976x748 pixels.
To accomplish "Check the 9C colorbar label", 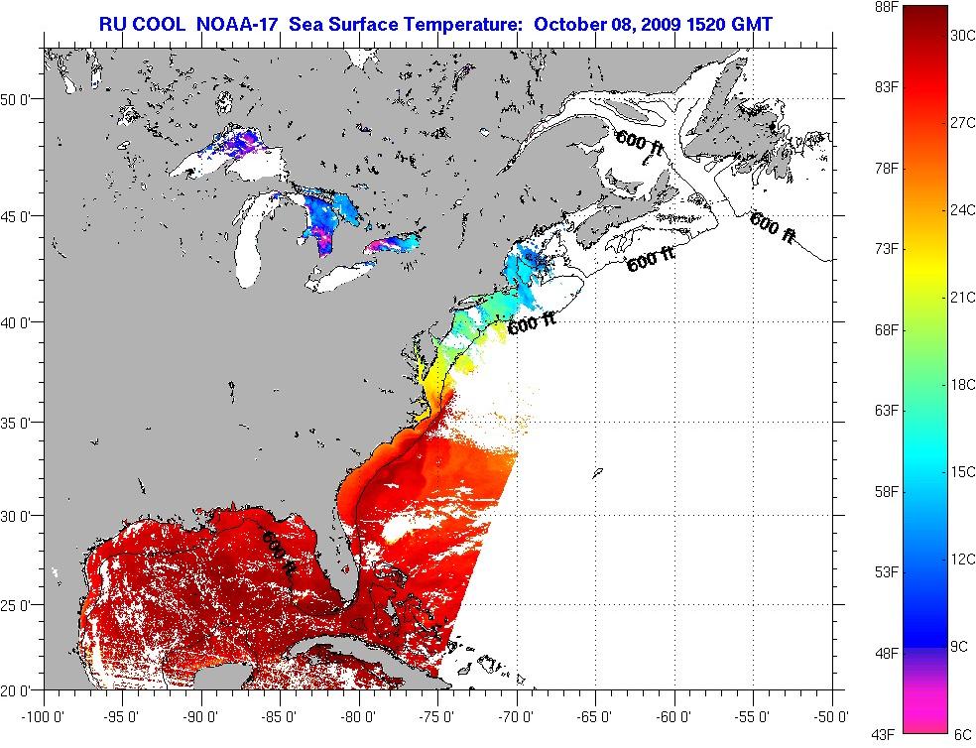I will (960, 647).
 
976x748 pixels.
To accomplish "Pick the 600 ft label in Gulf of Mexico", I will (279, 552).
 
